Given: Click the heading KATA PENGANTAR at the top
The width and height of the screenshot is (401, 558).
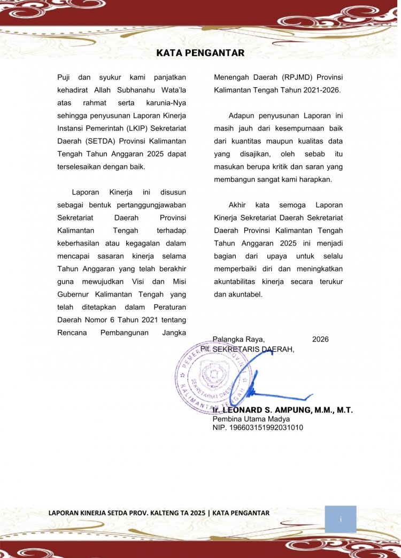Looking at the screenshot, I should point(200,53).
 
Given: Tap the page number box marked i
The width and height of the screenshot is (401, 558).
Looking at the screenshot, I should point(340,519).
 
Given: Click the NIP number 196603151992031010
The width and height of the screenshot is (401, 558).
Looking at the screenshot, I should point(258,428).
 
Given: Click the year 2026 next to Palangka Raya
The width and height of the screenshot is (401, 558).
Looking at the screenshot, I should point(320,339).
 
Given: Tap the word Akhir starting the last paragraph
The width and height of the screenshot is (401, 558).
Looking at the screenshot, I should point(238,205).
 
